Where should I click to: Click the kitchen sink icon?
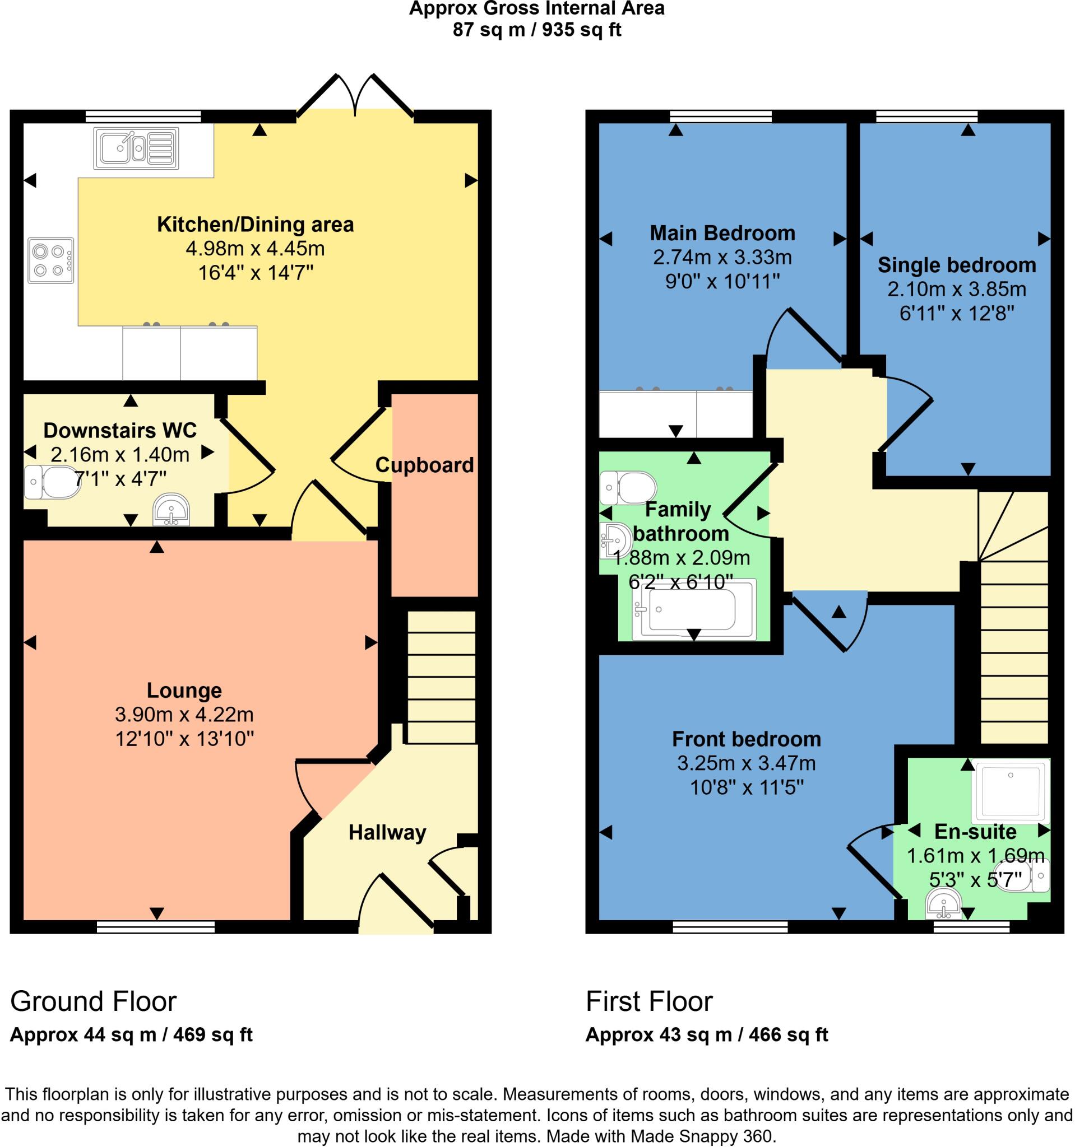coord(136,148)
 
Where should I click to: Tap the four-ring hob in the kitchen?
coord(51,261)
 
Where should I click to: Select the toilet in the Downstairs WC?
coord(52,482)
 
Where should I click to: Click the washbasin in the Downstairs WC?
coord(172,509)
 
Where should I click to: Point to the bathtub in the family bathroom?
coord(693,610)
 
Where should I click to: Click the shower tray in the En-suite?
coord(1011,790)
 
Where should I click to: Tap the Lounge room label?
coord(184,691)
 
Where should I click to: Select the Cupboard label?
coord(424,465)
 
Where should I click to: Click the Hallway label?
coord(387,833)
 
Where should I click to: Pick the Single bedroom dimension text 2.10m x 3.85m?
coord(957,289)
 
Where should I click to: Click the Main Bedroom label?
coord(722,233)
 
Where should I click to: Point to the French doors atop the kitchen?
coord(355,95)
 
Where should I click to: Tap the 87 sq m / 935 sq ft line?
coord(536,30)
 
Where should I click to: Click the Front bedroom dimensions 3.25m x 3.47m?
coord(747,763)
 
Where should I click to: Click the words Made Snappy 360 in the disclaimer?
coord(701,1136)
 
